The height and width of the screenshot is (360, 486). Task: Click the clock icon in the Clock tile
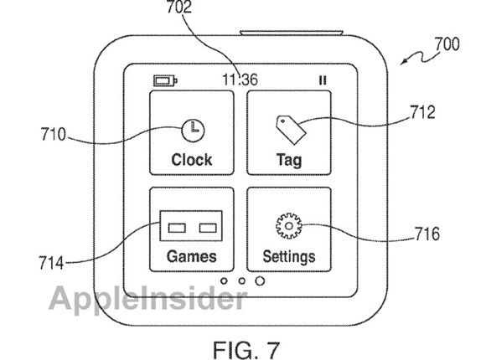click(193, 131)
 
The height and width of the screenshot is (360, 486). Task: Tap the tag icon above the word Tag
click(291, 130)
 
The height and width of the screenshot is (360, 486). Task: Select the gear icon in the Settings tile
click(288, 226)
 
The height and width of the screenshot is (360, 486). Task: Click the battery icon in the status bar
click(165, 81)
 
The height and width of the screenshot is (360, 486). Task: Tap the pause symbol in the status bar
click(323, 80)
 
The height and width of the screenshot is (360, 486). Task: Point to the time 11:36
click(240, 80)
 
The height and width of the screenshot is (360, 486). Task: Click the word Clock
click(192, 160)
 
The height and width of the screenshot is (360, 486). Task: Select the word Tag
click(289, 160)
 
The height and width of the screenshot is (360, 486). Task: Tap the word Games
click(192, 256)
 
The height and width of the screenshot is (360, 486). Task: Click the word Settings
click(289, 257)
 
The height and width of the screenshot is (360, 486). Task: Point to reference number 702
click(179, 8)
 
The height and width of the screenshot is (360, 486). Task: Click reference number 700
click(447, 44)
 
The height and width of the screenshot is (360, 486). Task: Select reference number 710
click(54, 135)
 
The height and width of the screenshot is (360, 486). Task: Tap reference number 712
click(423, 112)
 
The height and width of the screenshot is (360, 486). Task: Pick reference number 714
click(51, 263)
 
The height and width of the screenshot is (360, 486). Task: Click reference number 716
click(427, 234)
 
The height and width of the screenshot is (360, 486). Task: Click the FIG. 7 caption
click(246, 350)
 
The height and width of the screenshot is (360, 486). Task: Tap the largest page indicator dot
click(260, 281)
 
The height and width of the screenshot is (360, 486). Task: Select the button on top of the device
click(292, 33)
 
